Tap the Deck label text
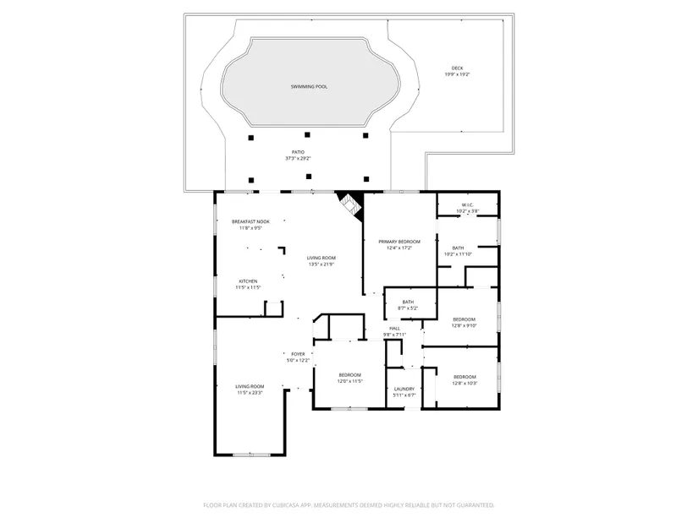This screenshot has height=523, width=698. point(457,68)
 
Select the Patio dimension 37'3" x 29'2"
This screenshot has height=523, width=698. point(298,158)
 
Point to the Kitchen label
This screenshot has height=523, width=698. point(248,281)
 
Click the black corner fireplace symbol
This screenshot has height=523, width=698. point(350,204)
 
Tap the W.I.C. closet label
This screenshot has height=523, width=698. point(467,204)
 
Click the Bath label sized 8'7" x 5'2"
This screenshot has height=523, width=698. point(408,302)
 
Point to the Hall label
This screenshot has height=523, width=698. point(394,328)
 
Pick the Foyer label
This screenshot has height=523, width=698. point(297,354)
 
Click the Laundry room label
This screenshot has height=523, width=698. point(404,388)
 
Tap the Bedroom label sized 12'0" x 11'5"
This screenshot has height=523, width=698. point(350,375)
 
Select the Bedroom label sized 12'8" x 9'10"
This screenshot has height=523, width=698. point(464,319)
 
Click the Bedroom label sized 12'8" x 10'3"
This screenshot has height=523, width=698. point(464,377)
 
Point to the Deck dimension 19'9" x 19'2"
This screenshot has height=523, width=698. point(457,74)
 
